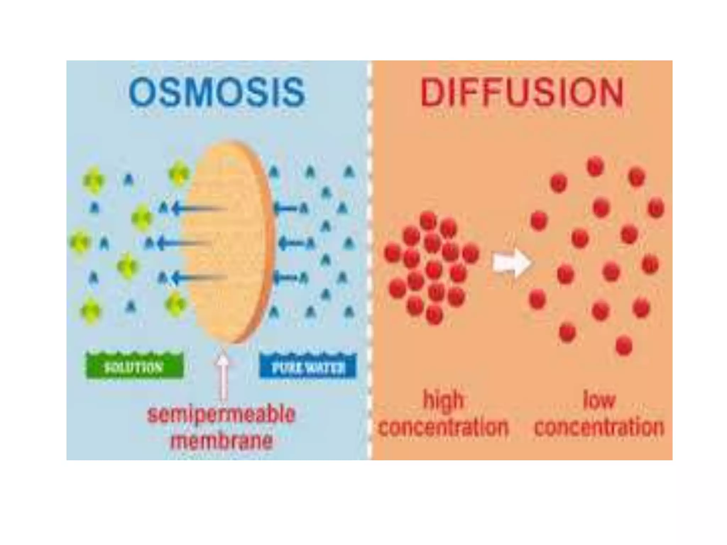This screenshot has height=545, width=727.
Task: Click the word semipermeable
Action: (221, 414)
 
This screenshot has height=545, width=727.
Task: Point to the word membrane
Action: (222, 441)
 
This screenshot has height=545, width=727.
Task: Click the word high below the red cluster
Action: (443, 400)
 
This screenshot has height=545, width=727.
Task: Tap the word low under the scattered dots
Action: (599, 400)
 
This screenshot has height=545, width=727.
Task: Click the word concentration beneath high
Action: (443, 427)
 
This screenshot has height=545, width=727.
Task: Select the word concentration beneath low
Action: (599, 427)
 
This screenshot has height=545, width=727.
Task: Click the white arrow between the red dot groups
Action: (512, 263)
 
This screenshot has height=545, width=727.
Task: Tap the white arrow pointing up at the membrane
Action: (223, 376)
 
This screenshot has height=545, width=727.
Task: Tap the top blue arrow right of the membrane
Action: (286, 208)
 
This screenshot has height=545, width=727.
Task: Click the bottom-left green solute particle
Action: (91, 311)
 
